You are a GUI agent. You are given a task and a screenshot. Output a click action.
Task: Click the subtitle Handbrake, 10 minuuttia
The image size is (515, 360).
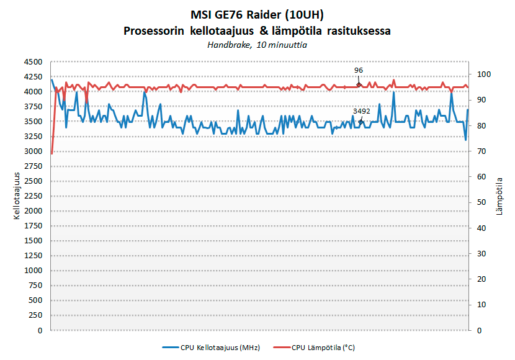pos(257,45)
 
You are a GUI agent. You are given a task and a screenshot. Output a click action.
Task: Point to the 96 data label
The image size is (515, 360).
pos(359,71)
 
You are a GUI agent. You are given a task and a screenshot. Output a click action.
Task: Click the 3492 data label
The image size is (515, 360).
pos(361,111)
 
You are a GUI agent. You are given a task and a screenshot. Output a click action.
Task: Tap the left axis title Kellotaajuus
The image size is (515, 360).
pos(17,196)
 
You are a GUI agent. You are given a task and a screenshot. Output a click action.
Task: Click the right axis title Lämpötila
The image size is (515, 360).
pos(500,196)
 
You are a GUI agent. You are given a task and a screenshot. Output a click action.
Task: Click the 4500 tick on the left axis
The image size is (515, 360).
pos(33,62)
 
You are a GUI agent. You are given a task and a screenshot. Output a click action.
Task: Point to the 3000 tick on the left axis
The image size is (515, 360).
pos(33,151)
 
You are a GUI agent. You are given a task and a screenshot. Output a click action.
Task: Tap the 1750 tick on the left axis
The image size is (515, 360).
pos(33,226)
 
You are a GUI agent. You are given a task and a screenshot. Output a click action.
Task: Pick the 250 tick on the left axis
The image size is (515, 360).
pos(35,315)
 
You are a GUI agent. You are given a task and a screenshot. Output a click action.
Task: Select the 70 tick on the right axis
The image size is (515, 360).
pos(482,151)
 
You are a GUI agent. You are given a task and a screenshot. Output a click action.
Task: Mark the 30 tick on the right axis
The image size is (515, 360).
pos(482,253)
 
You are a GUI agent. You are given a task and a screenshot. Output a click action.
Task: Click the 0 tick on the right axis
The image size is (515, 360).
pos(480,330)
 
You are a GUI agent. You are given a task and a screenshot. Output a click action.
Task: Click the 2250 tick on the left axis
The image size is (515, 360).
pos(33,196)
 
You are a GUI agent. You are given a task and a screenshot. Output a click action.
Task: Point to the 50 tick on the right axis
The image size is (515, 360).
pos(482,202)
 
